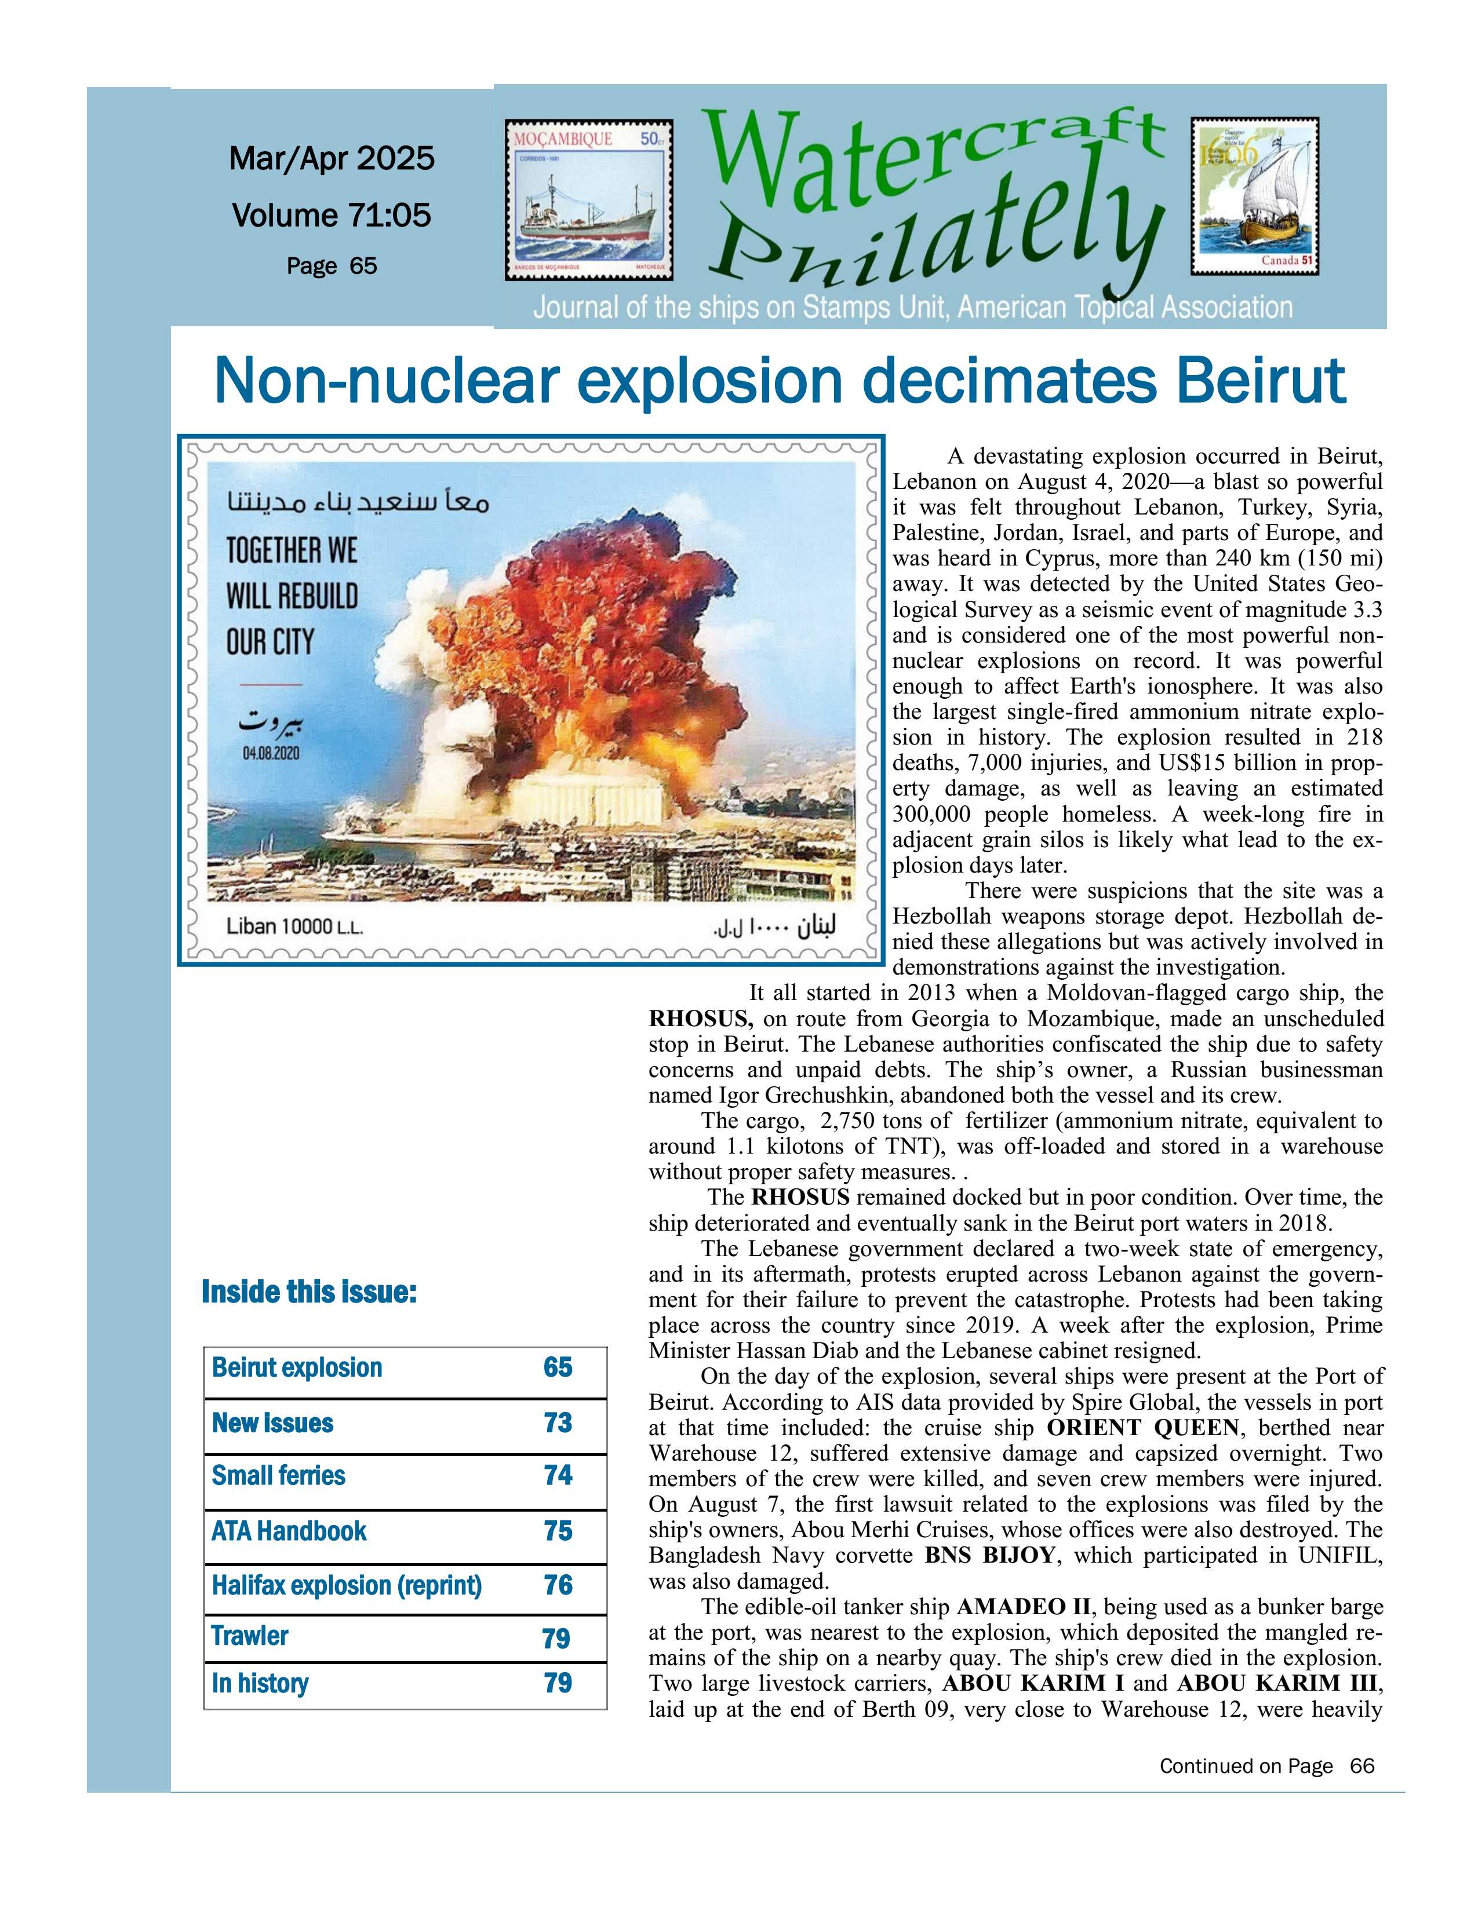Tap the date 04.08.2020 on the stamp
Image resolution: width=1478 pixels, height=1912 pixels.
(x=271, y=753)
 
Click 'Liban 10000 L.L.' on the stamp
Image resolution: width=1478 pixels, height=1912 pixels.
(x=294, y=926)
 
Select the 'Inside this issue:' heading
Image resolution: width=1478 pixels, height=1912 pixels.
(x=309, y=1292)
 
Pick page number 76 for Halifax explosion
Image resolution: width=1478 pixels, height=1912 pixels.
(x=558, y=1585)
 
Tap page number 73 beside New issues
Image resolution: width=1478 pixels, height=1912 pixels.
(x=558, y=1422)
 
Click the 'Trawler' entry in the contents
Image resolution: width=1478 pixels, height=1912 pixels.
(x=250, y=1636)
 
